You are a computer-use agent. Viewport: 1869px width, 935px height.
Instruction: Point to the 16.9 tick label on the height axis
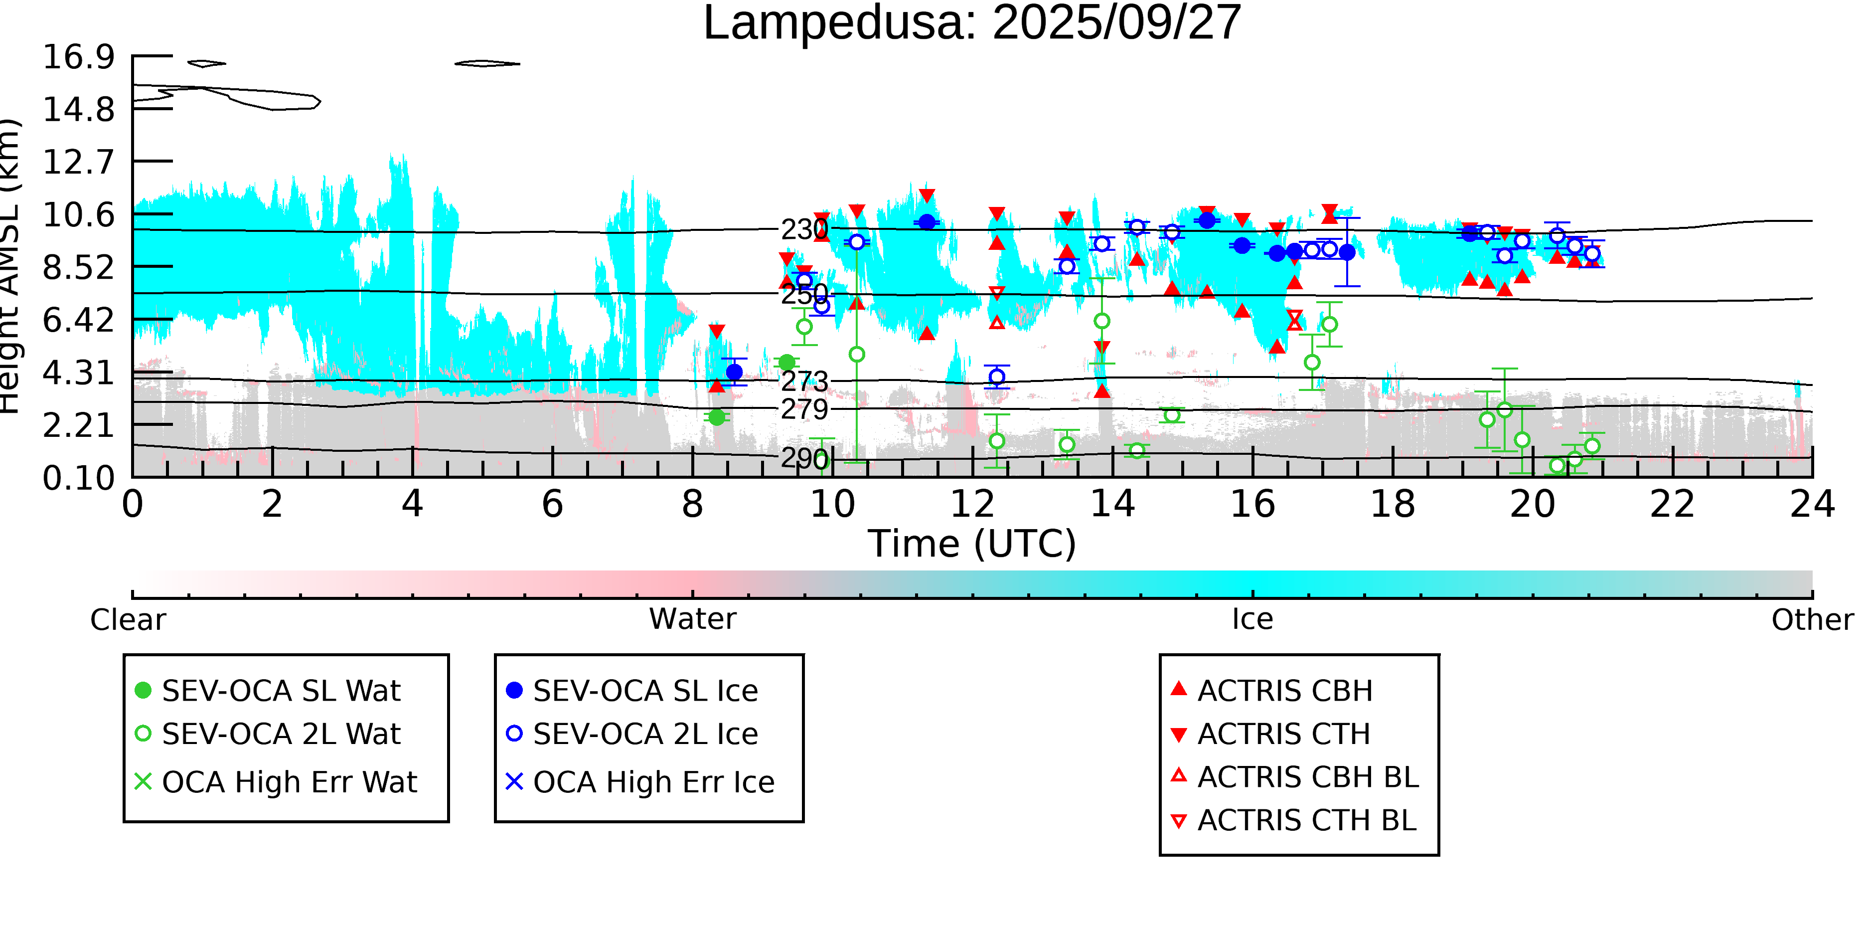coord(78,57)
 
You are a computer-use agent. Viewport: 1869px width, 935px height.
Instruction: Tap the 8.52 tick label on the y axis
coord(78,267)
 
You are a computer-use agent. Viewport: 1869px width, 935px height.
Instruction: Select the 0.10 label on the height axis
coord(78,478)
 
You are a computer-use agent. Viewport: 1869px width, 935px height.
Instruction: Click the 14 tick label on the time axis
coord(1112,504)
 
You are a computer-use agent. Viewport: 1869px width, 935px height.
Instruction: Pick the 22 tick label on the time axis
coord(1672,504)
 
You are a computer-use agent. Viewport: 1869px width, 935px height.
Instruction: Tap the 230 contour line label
coord(804,229)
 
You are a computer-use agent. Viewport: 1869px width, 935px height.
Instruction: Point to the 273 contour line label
coord(804,380)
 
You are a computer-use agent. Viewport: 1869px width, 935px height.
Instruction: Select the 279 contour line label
coord(804,409)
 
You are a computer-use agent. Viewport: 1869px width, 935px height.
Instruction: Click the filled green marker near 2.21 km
coord(717,417)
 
